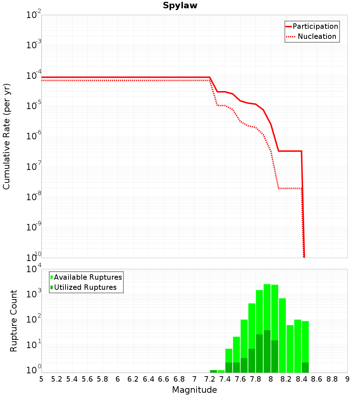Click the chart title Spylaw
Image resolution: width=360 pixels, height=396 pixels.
coord(180,5)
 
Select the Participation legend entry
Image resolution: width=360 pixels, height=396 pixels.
coord(312,26)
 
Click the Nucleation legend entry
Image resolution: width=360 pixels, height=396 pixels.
coord(311,36)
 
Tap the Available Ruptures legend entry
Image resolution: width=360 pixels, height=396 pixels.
coord(86,277)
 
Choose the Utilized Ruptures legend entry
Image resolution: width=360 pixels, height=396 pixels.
coord(84,287)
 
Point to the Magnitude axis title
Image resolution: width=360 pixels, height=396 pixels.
coord(194,390)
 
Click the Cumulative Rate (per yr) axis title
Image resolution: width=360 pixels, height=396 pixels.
coord(6,136)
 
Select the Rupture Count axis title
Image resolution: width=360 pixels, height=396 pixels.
coord(13,321)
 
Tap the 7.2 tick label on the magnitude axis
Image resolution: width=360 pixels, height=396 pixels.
coord(210,379)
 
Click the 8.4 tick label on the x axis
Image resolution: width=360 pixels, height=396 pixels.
coord(301,379)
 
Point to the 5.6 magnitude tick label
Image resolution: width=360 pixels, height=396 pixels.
coord(87,379)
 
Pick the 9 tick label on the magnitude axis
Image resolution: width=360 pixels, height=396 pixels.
coord(347,379)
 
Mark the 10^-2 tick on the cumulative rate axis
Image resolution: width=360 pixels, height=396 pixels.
coord(33,14)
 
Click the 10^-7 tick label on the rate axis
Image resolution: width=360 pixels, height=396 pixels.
coord(33,166)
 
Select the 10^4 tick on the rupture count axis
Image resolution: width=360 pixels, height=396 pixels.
coord(33,269)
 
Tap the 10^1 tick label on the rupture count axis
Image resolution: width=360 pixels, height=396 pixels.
coord(33,344)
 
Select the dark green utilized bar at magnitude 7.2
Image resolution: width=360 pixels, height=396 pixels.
coord(213,371)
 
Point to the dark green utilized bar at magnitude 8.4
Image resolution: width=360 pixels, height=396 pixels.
coord(305,368)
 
